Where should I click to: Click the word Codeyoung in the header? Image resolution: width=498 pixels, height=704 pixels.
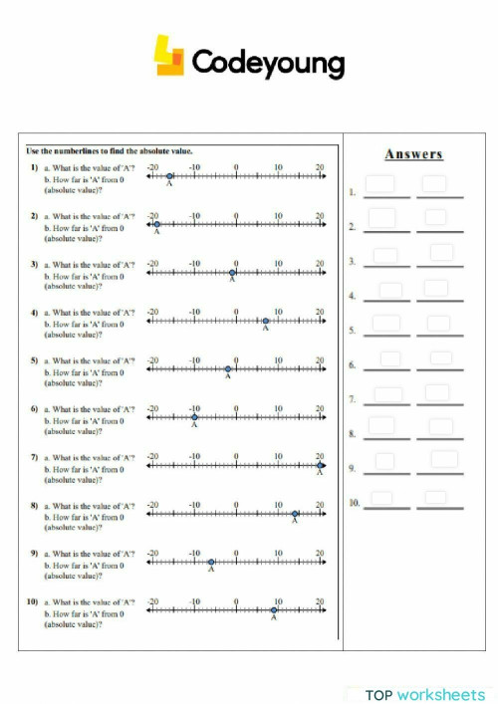[x=267, y=63]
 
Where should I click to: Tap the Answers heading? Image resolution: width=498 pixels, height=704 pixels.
[x=413, y=154]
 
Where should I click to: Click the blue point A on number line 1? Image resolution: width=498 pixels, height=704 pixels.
[x=169, y=175]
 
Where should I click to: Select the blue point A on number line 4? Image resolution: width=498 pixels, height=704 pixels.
[x=266, y=321]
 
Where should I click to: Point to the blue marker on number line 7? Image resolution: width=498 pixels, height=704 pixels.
[x=320, y=466]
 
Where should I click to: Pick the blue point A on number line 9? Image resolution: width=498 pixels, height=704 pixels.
[x=211, y=563]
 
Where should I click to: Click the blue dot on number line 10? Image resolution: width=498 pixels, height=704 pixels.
[x=274, y=610]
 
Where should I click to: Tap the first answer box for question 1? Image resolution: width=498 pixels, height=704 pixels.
[x=380, y=184]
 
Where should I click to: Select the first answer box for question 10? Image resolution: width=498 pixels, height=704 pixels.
[x=381, y=497]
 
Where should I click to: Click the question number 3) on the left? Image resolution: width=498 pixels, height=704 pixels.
[x=34, y=265]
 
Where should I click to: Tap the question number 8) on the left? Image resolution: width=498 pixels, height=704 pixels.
[x=34, y=506]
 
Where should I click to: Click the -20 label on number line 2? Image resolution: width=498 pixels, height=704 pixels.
[x=153, y=215]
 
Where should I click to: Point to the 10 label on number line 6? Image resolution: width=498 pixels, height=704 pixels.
[x=278, y=408]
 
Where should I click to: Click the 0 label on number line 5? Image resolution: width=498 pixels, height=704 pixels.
[x=236, y=360]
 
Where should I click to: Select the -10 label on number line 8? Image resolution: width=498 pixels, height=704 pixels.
[x=194, y=505]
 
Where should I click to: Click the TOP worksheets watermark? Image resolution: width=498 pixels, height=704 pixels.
[x=424, y=693]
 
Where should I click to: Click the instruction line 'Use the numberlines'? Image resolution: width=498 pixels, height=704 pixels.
[x=110, y=150]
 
